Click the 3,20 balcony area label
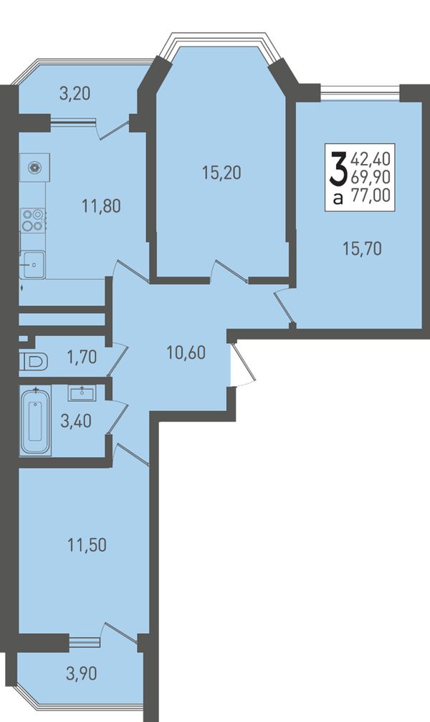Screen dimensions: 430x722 75,94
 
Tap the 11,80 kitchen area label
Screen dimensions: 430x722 101,206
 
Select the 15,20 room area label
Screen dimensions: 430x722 221,173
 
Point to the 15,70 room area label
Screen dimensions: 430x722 362,249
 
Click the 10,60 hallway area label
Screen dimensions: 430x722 186,353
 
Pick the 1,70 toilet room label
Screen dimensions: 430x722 82,357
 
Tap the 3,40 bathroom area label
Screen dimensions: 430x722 76,420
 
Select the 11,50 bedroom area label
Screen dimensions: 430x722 87,545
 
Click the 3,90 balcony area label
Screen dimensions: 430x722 82,674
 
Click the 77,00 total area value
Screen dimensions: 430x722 371,196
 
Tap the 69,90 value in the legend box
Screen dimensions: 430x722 371,178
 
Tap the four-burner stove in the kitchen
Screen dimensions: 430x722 34,220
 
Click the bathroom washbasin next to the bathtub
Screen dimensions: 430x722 82,393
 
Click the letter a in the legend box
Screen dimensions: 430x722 338,198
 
